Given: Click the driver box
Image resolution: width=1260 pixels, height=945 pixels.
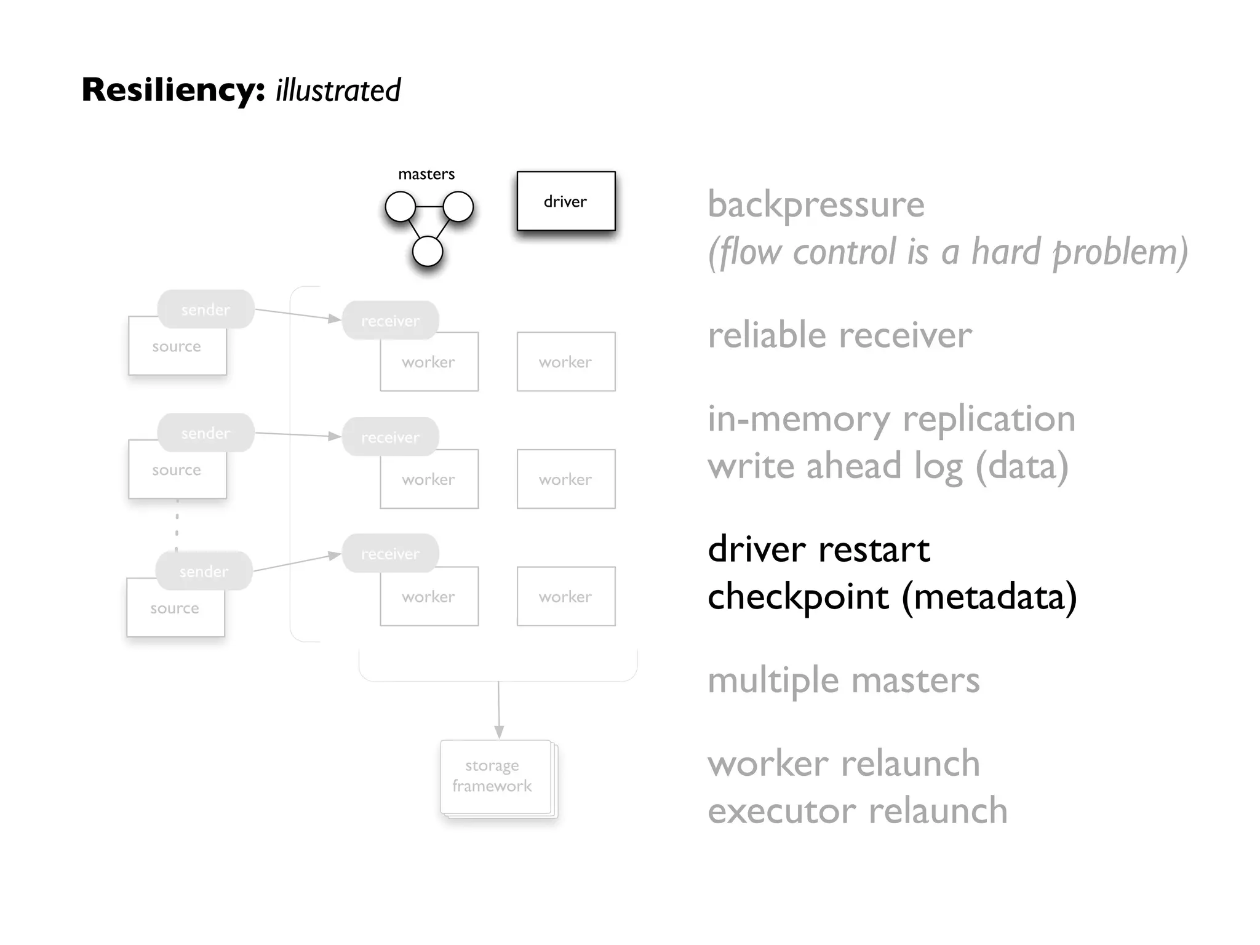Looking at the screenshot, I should (565, 201).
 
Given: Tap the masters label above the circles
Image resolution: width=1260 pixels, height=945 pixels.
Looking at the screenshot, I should (426, 174).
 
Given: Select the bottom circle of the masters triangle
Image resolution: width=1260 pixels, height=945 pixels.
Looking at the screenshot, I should (427, 252).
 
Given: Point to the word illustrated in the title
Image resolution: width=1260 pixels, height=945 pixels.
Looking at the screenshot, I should (338, 90).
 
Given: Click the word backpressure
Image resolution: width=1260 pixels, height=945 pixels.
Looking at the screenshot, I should (816, 204).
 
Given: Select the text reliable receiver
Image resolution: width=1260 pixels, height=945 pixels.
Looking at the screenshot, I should (839, 335).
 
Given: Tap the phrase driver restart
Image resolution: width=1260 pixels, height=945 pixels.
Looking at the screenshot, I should (818, 549).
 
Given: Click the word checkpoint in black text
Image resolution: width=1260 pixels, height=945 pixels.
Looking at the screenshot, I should (798, 596).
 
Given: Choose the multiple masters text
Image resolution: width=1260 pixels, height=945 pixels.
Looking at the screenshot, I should (843, 680).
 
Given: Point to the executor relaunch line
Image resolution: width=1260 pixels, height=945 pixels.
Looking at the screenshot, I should (857, 810).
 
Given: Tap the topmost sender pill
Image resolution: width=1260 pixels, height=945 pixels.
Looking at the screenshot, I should (205, 309).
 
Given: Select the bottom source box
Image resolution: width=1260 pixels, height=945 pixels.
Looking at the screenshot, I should (175, 608).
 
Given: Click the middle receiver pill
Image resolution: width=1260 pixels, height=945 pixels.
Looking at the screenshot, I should (390, 437).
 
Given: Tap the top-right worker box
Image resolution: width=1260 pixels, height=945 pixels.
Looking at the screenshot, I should (565, 362).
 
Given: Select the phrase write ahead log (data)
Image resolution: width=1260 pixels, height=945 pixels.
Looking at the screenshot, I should (887, 466).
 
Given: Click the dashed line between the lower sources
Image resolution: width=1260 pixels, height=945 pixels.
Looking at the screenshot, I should (177, 525).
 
